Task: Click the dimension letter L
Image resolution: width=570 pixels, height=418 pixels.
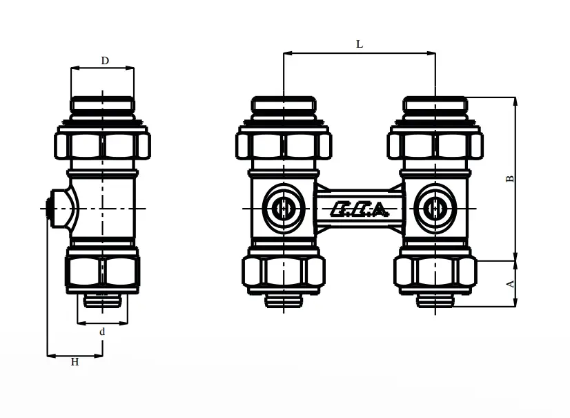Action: point(359,44)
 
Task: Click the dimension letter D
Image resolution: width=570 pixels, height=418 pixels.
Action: point(105,60)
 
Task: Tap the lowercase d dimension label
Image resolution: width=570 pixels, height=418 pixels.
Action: point(102,332)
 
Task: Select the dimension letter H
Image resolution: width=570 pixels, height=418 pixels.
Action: point(75,361)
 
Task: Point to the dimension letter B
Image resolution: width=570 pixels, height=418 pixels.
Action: point(510,179)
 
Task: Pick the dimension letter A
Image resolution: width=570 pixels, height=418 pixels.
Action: point(511,284)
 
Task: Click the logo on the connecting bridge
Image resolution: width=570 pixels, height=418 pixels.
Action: point(359,209)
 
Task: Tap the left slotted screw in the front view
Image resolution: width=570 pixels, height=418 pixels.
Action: point(282,209)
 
